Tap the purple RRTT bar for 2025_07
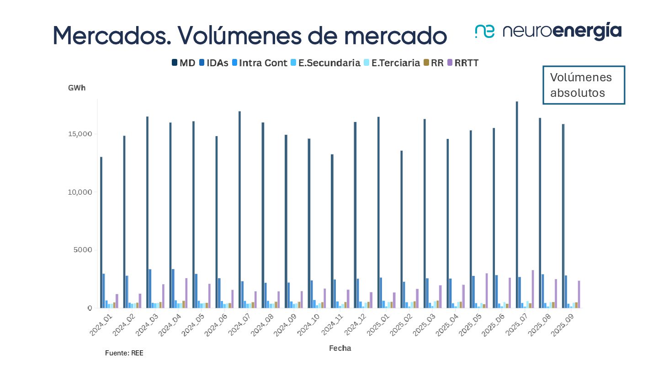(x=533, y=289)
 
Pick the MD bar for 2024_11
(x=332, y=231)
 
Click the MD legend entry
(x=183, y=63)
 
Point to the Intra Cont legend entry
(x=260, y=63)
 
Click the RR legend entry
(x=434, y=63)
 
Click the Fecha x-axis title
(x=340, y=348)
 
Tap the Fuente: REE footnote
(x=124, y=353)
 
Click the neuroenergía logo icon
(x=484, y=31)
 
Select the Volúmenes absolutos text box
(x=583, y=85)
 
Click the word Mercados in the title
(x=112, y=35)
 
